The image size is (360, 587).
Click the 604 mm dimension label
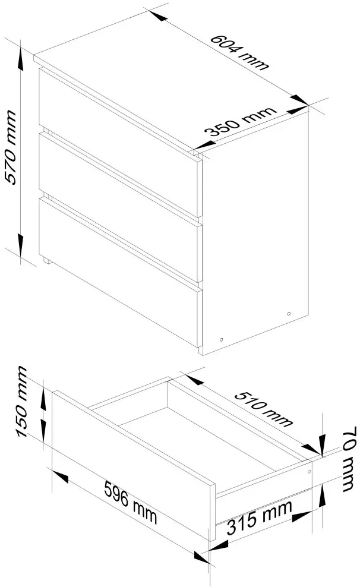[239, 52]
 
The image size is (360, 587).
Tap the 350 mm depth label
[241, 122]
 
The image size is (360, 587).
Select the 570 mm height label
[11, 147]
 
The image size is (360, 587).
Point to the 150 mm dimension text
[22, 401]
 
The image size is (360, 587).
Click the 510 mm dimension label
[264, 409]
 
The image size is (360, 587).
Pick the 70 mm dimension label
[349, 459]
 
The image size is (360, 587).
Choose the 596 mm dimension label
[131, 503]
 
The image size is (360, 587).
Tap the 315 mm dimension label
[260, 517]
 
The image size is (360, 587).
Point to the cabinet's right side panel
[255, 232]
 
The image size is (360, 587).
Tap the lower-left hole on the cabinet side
[221, 340]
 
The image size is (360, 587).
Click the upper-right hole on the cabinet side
[289, 313]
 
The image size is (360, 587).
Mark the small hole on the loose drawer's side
[309, 472]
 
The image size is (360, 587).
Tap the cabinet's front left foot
[48, 261]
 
